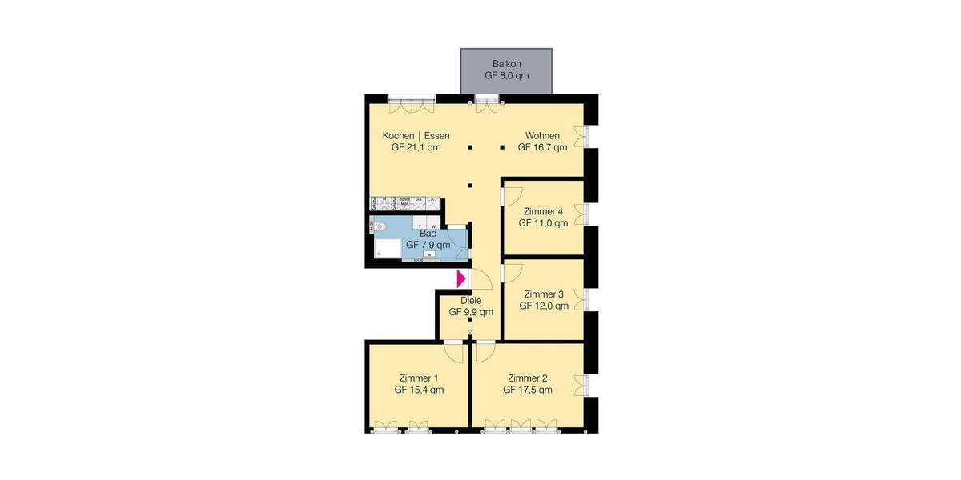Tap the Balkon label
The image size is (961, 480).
pyautogui.click(x=507, y=63)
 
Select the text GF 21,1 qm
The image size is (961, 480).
pyautogui.click(x=416, y=147)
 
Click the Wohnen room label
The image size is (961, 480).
pyautogui.click(x=542, y=135)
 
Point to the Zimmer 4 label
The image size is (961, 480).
pyautogui.click(x=543, y=211)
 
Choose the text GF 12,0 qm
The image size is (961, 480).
pyautogui.click(x=544, y=306)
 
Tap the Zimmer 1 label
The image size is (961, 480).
pyautogui.click(x=419, y=378)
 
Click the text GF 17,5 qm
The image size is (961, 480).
pyautogui.click(x=528, y=390)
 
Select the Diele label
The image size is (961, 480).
pyautogui.click(x=470, y=301)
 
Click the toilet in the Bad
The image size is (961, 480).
pyautogui.click(x=379, y=227)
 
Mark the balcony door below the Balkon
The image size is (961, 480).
pyautogui.click(x=485, y=100)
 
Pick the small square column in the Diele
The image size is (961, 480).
pyautogui.click(x=470, y=320)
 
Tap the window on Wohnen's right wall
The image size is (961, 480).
pyautogui.click(x=589, y=136)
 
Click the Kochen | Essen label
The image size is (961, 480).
pyautogui.click(x=416, y=135)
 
